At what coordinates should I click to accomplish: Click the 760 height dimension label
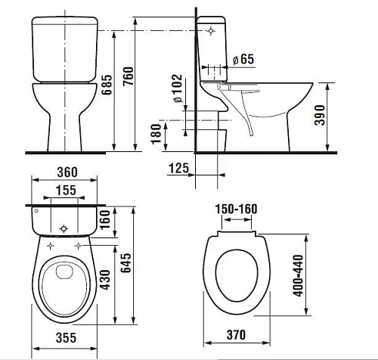click(x=128, y=76)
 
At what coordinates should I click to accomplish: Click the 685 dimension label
click(x=107, y=85)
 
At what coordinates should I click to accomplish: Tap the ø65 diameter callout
click(x=243, y=59)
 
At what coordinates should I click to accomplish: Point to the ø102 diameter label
click(x=178, y=88)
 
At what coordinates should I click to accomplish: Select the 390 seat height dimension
click(x=320, y=115)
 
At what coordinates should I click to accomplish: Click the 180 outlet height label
click(x=156, y=134)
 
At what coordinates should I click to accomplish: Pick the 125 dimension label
click(x=178, y=168)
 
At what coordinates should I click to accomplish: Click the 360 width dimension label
click(x=67, y=172)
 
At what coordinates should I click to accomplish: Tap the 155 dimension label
click(x=66, y=190)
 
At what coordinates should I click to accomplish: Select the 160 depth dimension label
click(x=105, y=219)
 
